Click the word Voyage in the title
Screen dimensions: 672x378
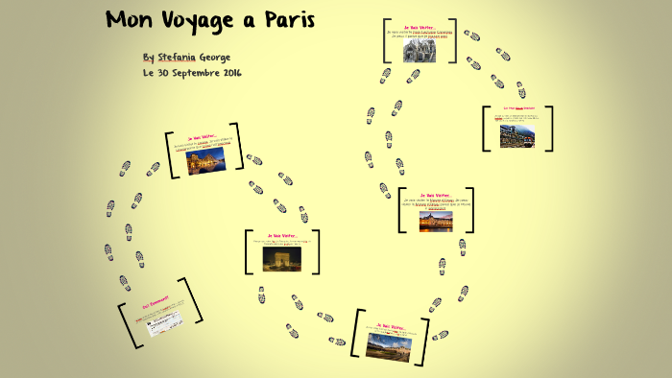click(197, 20)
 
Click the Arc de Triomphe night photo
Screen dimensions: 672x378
click(281, 258)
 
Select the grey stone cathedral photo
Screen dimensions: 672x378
click(419, 50)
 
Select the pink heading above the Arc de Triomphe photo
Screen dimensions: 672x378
click(283, 235)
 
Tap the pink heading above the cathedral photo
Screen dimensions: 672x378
click(420, 29)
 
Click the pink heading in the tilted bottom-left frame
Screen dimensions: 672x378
click(155, 300)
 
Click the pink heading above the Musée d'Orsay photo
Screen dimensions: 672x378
click(436, 194)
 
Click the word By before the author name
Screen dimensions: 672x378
click(148, 57)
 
